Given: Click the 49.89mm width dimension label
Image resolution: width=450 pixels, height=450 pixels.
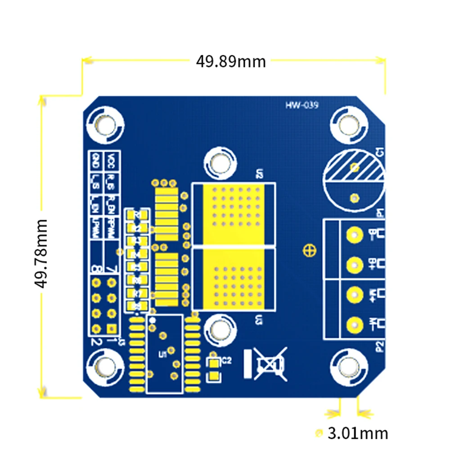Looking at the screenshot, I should pyautogui.click(x=230, y=61).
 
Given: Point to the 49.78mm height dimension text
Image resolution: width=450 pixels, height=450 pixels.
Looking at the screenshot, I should pyautogui.click(x=41, y=253).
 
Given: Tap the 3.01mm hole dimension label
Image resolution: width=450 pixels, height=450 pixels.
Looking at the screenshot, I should pyautogui.click(x=357, y=433).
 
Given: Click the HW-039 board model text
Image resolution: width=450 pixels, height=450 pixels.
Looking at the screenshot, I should pyautogui.click(x=301, y=106).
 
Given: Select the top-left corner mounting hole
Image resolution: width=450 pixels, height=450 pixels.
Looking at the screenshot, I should pyautogui.click(x=106, y=122).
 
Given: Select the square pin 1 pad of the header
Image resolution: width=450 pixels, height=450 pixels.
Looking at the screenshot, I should pyautogui.click(x=112, y=328).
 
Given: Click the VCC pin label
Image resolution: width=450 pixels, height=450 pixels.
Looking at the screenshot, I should pyautogui.click(x=111, y=160).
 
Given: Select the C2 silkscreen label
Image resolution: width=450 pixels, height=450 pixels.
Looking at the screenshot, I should pyautogui.click(x=226, y=360).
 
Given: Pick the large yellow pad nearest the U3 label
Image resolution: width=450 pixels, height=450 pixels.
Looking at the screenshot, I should pyautogui.click(x=233, y=279).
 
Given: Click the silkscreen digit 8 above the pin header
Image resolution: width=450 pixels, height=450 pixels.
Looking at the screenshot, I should pyautogui.click(x=96, y=270).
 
